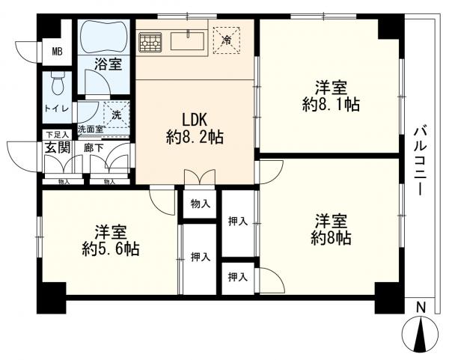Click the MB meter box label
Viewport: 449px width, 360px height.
click(x=56, y=52)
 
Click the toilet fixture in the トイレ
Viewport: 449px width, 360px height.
click(x=57, y=86)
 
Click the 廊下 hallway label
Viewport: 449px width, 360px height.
click(x=94, y=148)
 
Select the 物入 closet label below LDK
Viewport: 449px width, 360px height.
click(x=200, y=203)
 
